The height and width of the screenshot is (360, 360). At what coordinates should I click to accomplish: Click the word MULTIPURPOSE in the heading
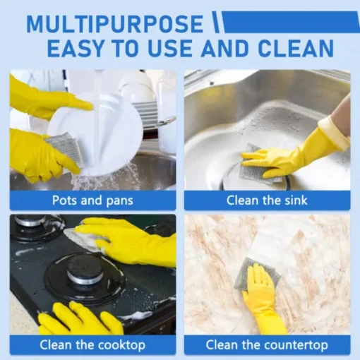(x=115, y=24)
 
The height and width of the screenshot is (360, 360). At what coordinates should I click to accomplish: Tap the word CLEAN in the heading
(x=296, y=48)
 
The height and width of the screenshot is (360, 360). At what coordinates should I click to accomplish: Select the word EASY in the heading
(x=76, y=48)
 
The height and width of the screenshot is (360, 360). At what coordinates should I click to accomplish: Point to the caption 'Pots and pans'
(x=92, y=200)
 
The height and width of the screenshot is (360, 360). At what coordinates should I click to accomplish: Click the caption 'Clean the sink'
(x=267, y=200)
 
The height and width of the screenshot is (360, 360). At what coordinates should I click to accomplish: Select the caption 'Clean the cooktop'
(x=92, y=345)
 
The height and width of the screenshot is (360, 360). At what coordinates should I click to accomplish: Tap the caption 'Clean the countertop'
(x=267, y=345)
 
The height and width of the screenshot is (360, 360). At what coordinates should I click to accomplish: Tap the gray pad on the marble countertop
(x=256, y=270)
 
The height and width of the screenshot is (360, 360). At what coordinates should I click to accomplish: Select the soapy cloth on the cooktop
(x=85, y=239)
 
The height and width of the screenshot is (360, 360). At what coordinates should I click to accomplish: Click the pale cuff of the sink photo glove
(x=335, y=132)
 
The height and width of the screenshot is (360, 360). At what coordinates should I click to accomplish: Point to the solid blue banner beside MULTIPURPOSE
(x=291, y=22)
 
